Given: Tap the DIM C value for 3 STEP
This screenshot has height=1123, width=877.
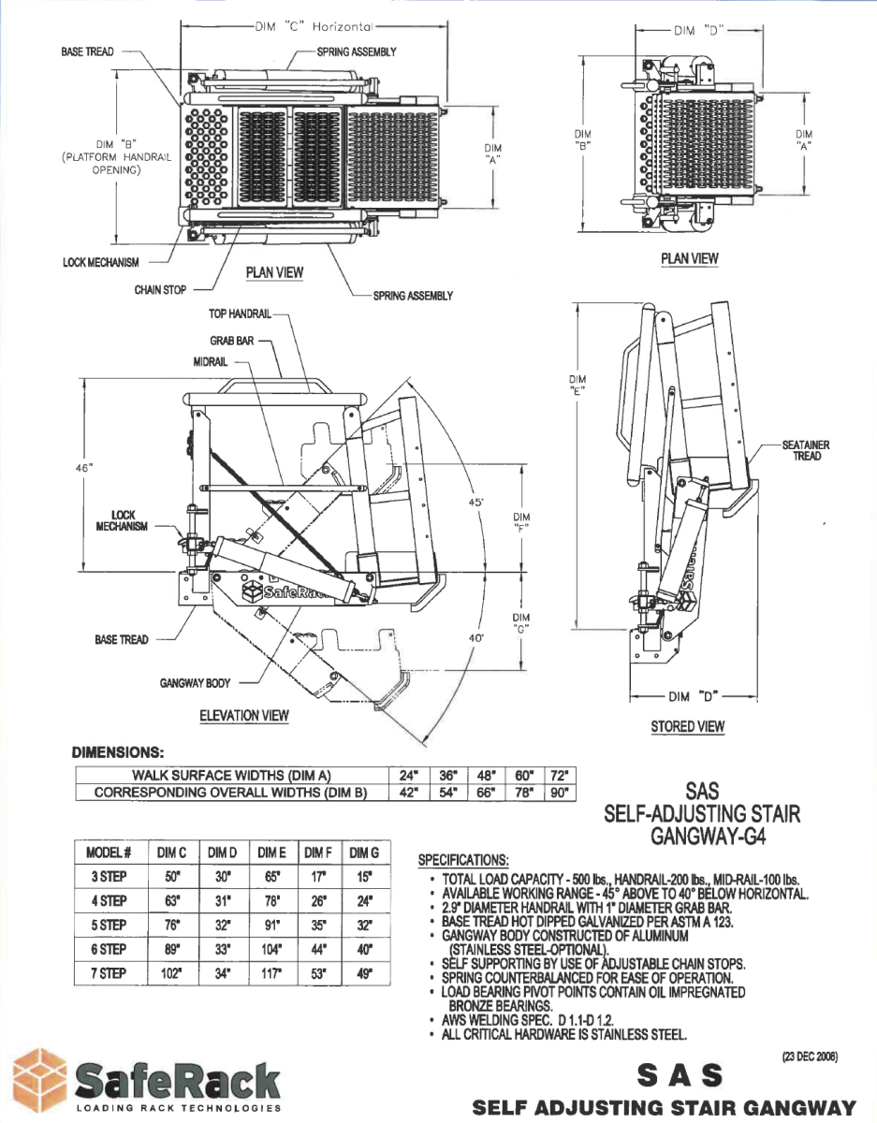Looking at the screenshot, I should point(171,877).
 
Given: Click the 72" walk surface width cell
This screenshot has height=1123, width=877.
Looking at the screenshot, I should point(559,775).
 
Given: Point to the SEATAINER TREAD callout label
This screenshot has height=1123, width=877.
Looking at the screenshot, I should point(805,451).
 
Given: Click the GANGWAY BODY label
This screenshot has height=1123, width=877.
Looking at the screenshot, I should point(195,683).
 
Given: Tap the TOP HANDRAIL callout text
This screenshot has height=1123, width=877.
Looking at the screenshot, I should point(239,314).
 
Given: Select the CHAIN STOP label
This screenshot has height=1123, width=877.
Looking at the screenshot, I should point(160,290).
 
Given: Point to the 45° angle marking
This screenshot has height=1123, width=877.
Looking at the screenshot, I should point(476,503).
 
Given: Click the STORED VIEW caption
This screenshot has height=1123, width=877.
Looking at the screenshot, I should point(687,726).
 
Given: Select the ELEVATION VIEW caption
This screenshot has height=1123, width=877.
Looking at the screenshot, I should point(244,716).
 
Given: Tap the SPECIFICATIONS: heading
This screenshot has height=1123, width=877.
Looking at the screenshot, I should point(463,859).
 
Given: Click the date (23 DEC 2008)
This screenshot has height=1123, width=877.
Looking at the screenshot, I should point(810,1057).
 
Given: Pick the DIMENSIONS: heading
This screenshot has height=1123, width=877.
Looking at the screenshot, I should point(118,751).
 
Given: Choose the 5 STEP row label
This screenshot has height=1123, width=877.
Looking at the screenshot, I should point(109,925).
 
